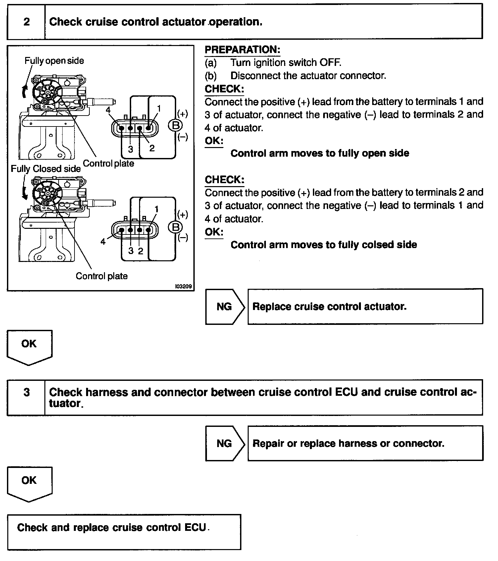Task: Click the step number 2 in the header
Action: [x=26, y=22]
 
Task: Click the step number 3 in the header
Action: [x=26, y=392]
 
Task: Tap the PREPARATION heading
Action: [x=242, y=50]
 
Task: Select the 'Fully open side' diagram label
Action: [x=54, y=61]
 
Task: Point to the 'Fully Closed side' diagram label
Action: [x=46, y=169]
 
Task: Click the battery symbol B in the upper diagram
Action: [x=175, y=125]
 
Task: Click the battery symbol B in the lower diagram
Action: [x=175, y=227]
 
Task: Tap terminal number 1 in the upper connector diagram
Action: [x=159, y=108]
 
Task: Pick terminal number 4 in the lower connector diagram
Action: [x=103, y=242]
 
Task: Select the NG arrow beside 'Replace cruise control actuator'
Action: [x=224, y=306]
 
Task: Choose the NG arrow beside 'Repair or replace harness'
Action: [x=224, y=443]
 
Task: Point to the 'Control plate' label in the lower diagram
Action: [x=102, y=276]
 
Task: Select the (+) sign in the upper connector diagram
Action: [x=183, y=114]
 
